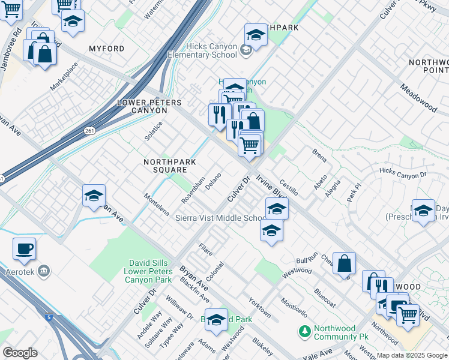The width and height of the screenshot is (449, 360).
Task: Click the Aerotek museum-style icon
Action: pyautogui.click(x=43, y=272)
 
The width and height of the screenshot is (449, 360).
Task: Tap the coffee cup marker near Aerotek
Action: pyautogui.click(x=24, y=250)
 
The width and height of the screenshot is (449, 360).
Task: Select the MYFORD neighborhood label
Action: pyautogui.click(x=106, y=49)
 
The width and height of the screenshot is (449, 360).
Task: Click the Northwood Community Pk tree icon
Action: pyautogui.click(x=305, y=330)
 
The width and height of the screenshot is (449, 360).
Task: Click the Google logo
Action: pyautogui.click(x=20, y=352)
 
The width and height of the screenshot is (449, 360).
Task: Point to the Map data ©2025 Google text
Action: pyautogui.click(x=411, y=355)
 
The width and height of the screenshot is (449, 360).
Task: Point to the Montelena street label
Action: pyautogui.click(x=157, y=205)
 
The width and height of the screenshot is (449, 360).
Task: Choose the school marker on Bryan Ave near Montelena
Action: pyautogui.click(x=94, y=196)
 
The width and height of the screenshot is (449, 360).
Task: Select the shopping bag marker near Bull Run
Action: pyautogui.click(x=344, y=263)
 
